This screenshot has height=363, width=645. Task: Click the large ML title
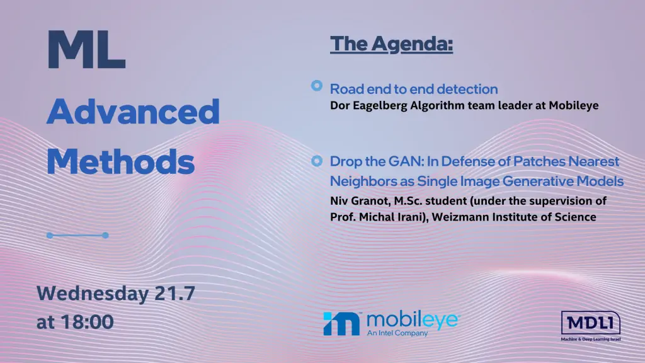pyautogui.click(x=86, y=49)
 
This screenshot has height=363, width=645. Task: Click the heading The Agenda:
pyautogui.click(x=391, y=44)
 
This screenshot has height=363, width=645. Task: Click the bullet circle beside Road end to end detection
pyautogui.click(x=317, y=86)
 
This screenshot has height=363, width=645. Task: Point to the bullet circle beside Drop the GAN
pyautogui.click(x=317, y=161)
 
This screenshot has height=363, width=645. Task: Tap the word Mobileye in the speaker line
pyautogui.click(x=573, y=106)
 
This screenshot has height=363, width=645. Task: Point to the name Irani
pyautogui.click(x=410, y=217)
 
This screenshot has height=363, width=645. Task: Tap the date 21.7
pyautogui.click(x=175, y=294)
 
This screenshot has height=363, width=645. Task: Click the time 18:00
pyautogui.click(x=87, y=322)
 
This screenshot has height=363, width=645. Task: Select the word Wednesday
pyautogui.click(x=93, y=294)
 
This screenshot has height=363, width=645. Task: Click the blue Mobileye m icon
pyautogui.click(x=341, y=323)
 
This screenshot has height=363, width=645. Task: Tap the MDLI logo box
pyautogui.click(x=591, y=323)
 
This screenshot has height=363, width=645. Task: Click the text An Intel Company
pyautogui.click(x=397, y=333)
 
